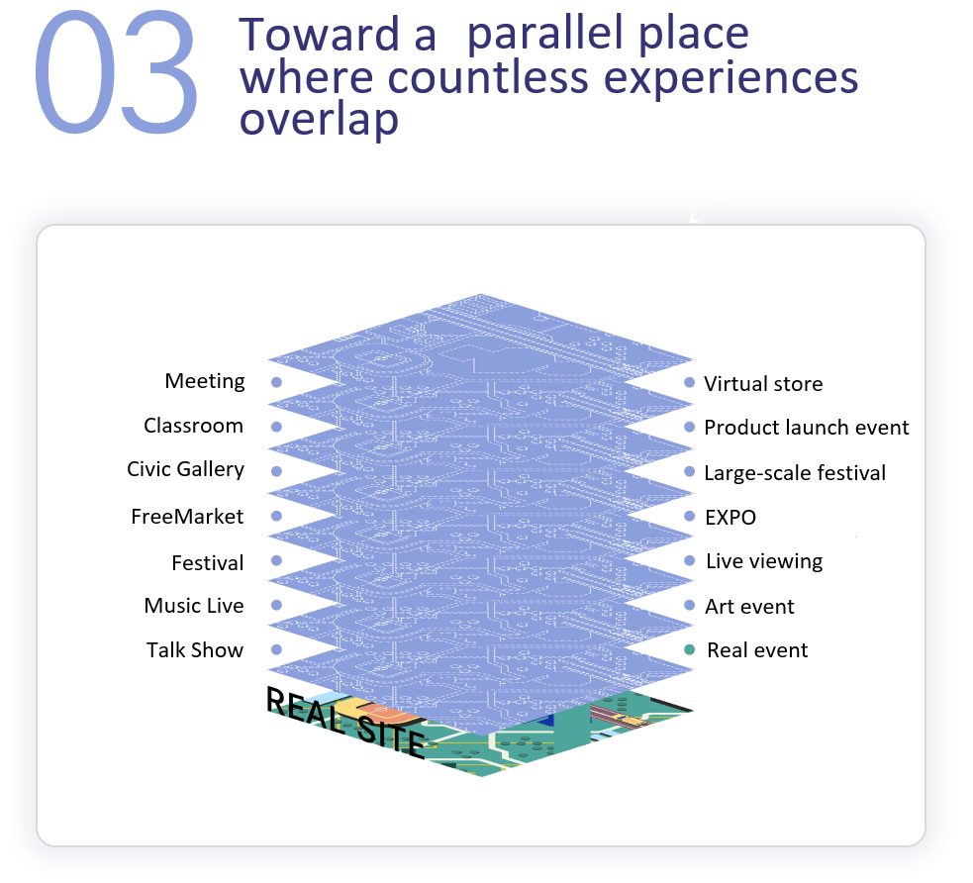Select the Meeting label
[x=205, y=381]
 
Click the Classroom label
[x=193, y=426]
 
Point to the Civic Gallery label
[x=185, y=469]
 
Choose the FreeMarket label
[x=187, y=517]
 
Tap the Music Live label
[x=194, y=606]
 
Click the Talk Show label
[x=195, y=650]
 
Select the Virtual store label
[x=763, y=384]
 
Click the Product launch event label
[x=806, y=428]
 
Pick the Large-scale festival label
[x=795, y=473]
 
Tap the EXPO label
[x=730, y=518]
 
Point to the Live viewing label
[x=764, y=561]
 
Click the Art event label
[x=749, y=607]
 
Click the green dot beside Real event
[x=690, y=649]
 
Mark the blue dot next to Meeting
[x=276, y=382]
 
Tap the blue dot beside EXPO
[x=690, y=516]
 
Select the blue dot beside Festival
[x=276, y=561]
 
